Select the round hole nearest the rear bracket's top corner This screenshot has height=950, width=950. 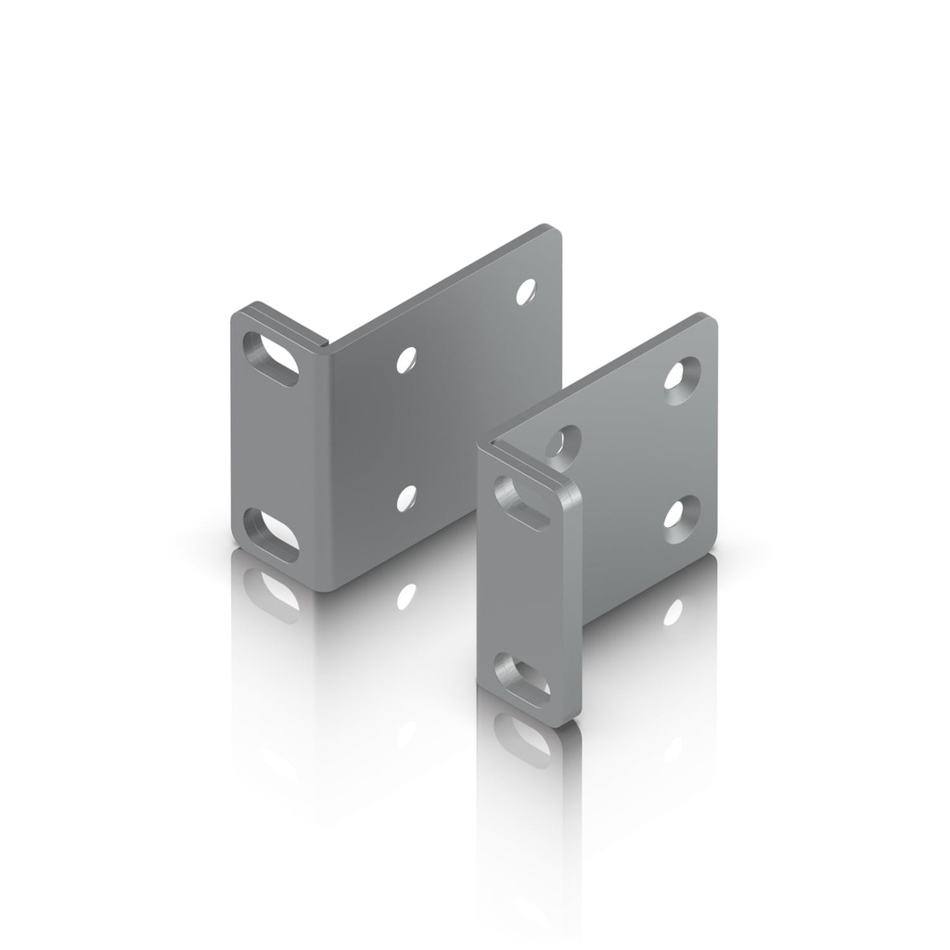[527, 291]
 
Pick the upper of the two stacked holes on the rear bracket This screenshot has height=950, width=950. [405, 359]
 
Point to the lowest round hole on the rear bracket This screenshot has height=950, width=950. [405, 498]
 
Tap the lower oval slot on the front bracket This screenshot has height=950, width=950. [521, 674]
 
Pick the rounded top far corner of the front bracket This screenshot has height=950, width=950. [710, 320]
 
